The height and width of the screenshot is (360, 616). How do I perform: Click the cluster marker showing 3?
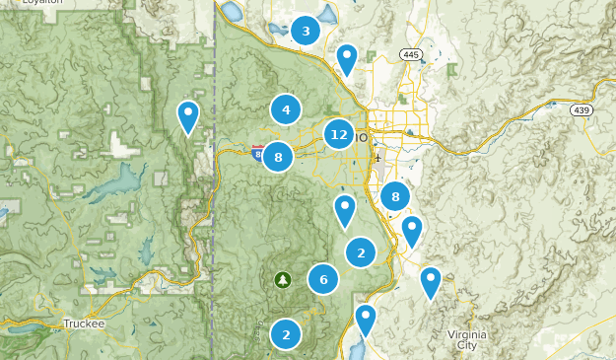tap(306, 32)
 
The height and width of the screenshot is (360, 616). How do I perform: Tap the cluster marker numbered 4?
tap(286, 109)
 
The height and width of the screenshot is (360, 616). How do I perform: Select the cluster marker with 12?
tap(339, 134)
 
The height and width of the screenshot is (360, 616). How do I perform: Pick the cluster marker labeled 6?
tap(323, 279)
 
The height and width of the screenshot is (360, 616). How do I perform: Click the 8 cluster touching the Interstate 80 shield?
tap(279, 156)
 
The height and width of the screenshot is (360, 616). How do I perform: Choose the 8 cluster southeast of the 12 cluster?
tap(395, 196)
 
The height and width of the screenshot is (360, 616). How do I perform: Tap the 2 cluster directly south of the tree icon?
tap(286, 334)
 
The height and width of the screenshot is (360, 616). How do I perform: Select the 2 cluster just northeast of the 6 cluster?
tap(361, 252)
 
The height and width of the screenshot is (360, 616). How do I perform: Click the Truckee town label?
tap(83, 323)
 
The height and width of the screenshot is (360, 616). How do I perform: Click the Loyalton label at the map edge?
tap(44, 3)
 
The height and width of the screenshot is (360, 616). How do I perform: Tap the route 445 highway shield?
tap(411, 52)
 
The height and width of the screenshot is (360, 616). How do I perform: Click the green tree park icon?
tap(283, 279)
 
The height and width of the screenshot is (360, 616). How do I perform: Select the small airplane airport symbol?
tap(377, 158)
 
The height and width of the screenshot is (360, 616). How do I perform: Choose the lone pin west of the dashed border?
tap(187, 116)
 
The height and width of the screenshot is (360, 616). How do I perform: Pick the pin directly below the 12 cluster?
tap(344, 210)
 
